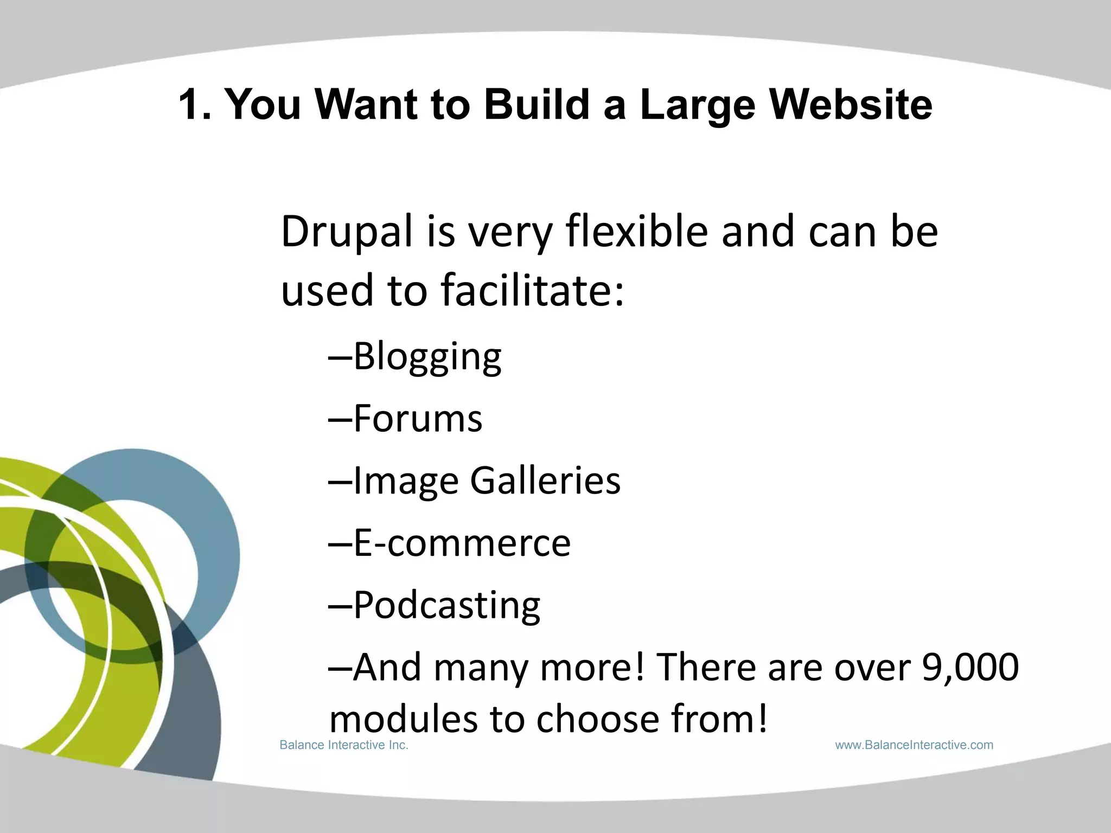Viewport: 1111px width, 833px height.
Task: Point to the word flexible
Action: [636, 232]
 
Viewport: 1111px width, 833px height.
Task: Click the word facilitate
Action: [532, 290]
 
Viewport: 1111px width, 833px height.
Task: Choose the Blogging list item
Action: [427, 358]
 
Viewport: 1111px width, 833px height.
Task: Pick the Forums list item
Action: [417, 419]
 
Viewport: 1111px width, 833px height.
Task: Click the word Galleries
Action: [545, 482]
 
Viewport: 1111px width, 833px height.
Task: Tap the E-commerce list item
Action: [462, 543]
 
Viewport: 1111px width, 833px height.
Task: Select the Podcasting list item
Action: [446, 606]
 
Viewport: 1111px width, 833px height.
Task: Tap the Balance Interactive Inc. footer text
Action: [343, 745]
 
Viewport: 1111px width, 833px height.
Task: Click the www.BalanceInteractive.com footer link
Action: [914, 745]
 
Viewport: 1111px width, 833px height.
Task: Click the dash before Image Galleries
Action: [340, 482]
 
